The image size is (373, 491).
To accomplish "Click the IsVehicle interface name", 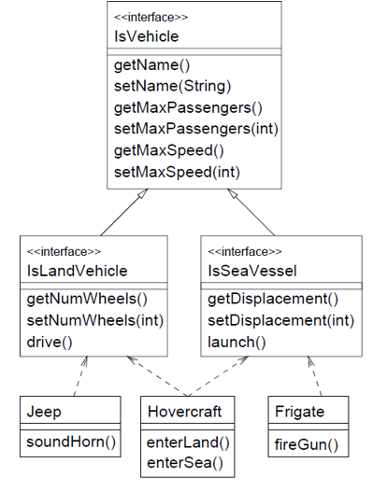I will [x=147, y=36].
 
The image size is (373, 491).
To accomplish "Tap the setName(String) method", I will [x=172, y=88].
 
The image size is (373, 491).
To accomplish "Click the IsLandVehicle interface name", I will [x=78, y=271].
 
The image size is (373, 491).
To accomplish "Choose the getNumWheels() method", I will [x=87, y=300].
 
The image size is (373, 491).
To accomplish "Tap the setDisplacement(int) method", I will [x=280, y=320].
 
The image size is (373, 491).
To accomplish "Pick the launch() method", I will [x=237, y=342].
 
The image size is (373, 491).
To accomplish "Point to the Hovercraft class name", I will [x=183, y=410].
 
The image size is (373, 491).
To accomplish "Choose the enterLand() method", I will [x=188, y=442].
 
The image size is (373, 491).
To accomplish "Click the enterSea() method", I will [x=183, y=463].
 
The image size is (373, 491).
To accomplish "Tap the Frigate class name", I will [x=299, y=410].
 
